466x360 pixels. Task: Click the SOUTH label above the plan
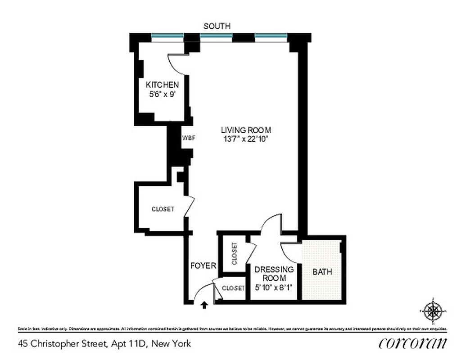(x=217, y=26)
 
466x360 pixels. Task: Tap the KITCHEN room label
(x=163, y=85)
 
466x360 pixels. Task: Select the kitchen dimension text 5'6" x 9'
(x=163, y=94)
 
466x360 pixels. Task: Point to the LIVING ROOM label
(x=246, y=130)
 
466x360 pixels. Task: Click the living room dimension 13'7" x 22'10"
(x=246, y=139)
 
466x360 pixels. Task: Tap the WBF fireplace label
(x=189, y=138)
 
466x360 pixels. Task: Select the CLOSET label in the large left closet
(x=163, y=209)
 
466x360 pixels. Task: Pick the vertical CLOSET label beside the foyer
(x=234, y=254)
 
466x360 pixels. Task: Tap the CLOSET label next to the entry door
(x=233, y=288)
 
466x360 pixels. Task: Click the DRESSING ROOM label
(x=274, y=274)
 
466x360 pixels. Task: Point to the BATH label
(x=322, y=272)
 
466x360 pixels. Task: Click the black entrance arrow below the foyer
(x=204, y=306)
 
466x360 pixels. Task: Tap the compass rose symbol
(x=433, y=311)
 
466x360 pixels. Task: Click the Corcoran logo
(x=413, y=343)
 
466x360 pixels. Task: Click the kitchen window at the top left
(x=167, y=36)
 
